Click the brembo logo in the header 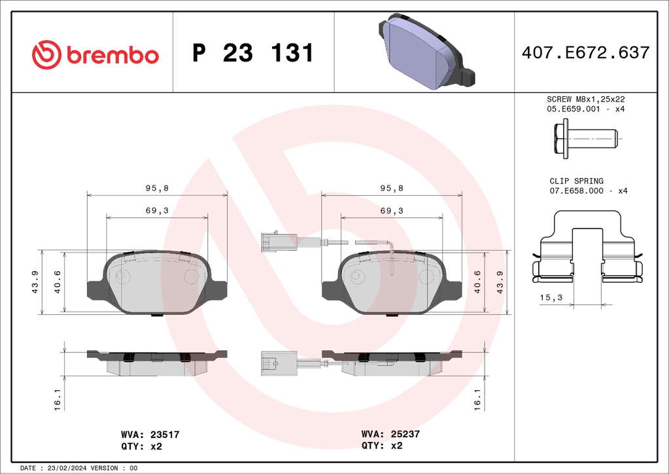point(95,55)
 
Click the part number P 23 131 point(253,53)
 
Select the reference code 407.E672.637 point(585,52)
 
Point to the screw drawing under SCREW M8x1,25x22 point(586,139)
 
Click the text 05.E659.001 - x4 point(585,109)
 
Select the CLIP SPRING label point(576,181)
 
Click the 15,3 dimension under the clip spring point(551,298)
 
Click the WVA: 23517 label point(150,435)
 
